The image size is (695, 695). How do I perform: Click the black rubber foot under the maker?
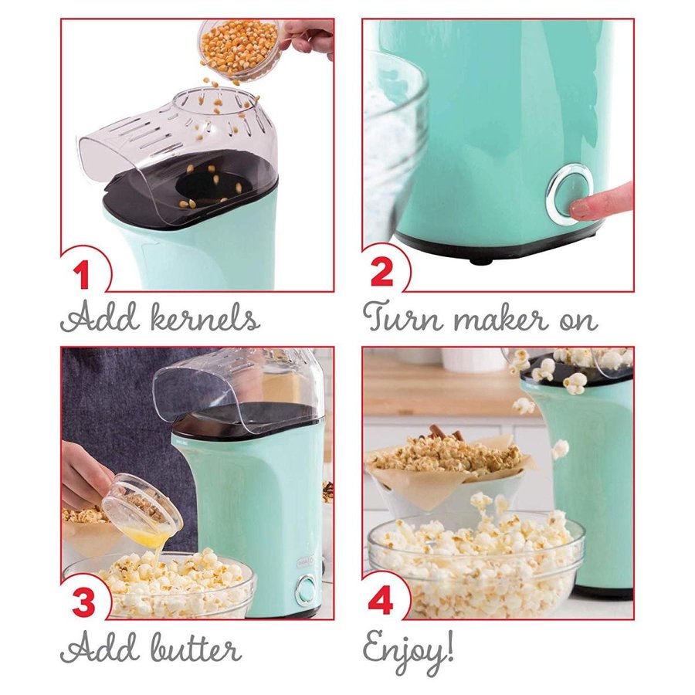tap(481, 260)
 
